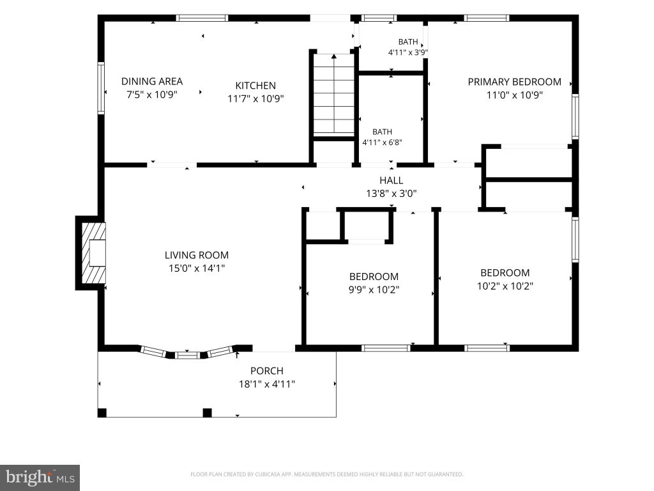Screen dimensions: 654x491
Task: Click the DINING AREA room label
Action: pyautogui.click(x=152, y=81)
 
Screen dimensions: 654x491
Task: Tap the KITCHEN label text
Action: pyautogui.click(x=255, y=86)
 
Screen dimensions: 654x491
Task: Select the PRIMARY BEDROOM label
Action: pyautogui.click(x=514, y=82)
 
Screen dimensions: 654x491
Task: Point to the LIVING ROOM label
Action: pyautogui.click(x=197, y=255)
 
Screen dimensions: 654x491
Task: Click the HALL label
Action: pyautogui.click(x=392, y=180)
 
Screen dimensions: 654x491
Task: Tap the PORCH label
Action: pyautogui.click(x=267, y=371)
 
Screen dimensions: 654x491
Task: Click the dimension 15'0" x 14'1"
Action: pyautogui.click(x=197, y=268)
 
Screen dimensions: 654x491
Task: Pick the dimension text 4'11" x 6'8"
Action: pyautogui.click(x=382, y=143)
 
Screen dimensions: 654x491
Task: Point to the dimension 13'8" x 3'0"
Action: pyautogui.click(x=392, y=193)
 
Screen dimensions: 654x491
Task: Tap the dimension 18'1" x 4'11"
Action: pyautogui.click(x=267, y=384)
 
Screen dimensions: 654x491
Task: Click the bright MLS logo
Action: pyautogui.click(x=40, y=478)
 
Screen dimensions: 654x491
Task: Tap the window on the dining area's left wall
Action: pyautogui.click(x=101, y=88)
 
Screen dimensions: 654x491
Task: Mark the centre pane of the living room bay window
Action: pyautogui.click(x=187, y=355)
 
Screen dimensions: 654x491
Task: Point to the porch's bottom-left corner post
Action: pyautogui.click(x=102, y=413)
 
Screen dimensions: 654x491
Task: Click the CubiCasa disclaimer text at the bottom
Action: pyautogui.click(x=326, y=474)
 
